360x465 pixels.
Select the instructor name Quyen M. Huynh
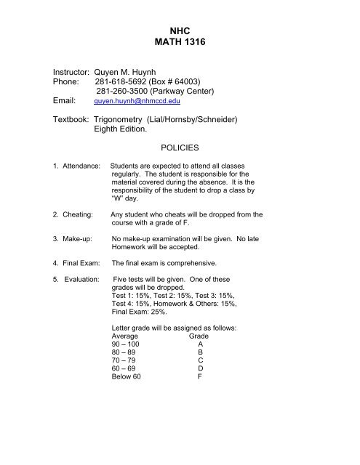(x=137, y=74)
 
